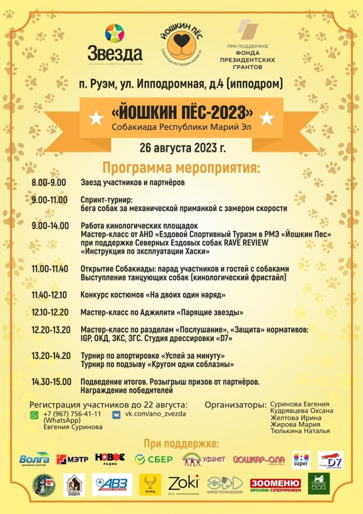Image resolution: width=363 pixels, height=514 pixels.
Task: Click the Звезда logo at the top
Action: [115, 44]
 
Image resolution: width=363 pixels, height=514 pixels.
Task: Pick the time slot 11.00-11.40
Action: [50, 269]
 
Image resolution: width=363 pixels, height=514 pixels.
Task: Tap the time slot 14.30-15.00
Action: [51, 381]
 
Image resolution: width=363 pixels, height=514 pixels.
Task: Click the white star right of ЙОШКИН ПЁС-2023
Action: [267, 118]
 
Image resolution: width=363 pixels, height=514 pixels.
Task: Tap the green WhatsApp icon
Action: [34, 415]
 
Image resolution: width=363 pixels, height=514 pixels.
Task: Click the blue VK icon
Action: [116, 415]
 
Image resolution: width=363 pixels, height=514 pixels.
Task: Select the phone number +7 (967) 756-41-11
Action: [72, 414]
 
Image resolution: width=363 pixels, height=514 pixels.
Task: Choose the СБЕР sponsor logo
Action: [154, 459]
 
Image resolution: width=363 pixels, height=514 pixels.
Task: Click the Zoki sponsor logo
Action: [183, 483]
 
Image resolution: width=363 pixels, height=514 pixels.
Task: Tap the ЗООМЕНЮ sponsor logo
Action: [275, 484]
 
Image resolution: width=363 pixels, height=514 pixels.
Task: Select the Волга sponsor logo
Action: [35, 458]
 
